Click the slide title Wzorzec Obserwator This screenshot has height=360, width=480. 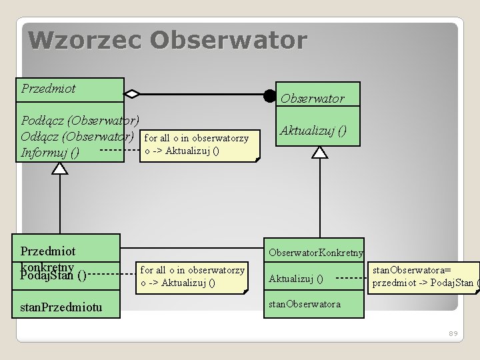point(167,40)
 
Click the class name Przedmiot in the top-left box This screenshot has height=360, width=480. point(49,89)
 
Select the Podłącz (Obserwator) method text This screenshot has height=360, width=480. point(80,121)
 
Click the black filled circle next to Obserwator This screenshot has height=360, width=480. point(269,95)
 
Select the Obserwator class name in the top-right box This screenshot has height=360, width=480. point(312,99)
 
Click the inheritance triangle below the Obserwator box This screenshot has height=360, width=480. point(321,153)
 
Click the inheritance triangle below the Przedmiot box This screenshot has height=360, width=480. point(60,168)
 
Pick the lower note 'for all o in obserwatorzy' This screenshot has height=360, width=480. point(193,276)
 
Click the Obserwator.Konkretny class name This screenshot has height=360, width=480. point(316,253)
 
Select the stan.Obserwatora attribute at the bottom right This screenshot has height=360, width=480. point(304,304)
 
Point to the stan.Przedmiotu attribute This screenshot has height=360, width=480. point(61,307)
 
